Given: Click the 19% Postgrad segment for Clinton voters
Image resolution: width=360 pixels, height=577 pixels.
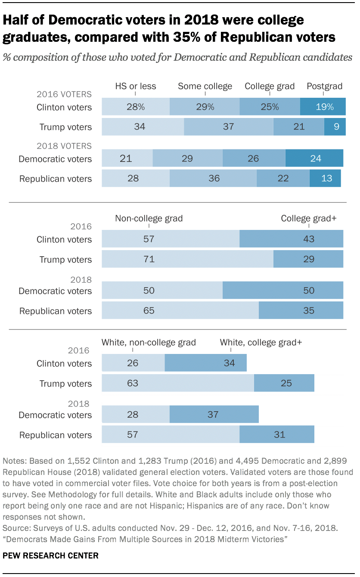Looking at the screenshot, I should coord(323,107).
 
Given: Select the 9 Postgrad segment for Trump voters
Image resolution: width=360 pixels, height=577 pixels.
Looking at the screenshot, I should coord(335,127).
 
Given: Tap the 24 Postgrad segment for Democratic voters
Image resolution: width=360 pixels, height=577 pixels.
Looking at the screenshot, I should coord(314,158).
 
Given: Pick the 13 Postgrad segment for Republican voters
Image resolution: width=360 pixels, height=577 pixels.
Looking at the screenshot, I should coord(325,178).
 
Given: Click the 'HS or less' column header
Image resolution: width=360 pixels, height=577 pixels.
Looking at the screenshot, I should coord(135,86).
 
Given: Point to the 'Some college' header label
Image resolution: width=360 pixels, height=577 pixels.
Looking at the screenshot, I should coord(205,86).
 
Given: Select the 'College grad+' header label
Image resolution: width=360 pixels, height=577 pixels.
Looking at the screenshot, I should coord(308,218).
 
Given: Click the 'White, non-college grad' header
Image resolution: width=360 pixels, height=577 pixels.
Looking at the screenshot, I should coord(149,342).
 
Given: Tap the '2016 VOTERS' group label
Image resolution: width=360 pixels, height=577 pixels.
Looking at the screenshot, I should coord(64,94).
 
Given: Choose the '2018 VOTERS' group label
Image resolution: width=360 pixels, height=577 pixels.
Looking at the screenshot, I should coord(64,146).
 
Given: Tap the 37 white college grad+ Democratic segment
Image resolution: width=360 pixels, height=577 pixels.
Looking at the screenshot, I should coord(214,415).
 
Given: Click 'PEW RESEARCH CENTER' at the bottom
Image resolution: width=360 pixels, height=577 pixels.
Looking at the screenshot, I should coord(50,555).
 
